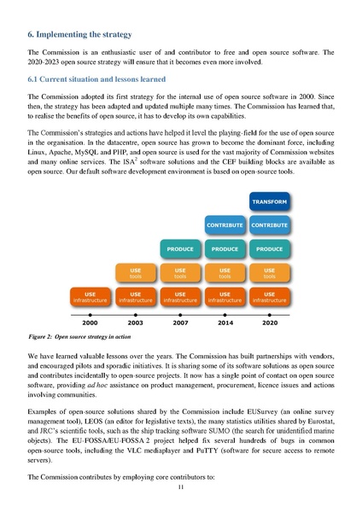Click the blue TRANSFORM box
click(x=269, y=201)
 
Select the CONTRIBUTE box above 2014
click(x=225, y=224)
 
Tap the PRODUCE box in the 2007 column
click(x=180, y=249)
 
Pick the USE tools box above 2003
click(x=136, y=273)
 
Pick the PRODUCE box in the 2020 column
click(x=269, y=249)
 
